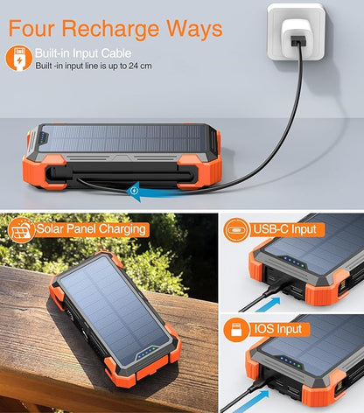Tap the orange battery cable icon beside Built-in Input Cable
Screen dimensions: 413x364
pos(17,58)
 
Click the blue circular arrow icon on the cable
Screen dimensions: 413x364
pos(134,188)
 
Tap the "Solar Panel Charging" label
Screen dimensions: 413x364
pos(92,229)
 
